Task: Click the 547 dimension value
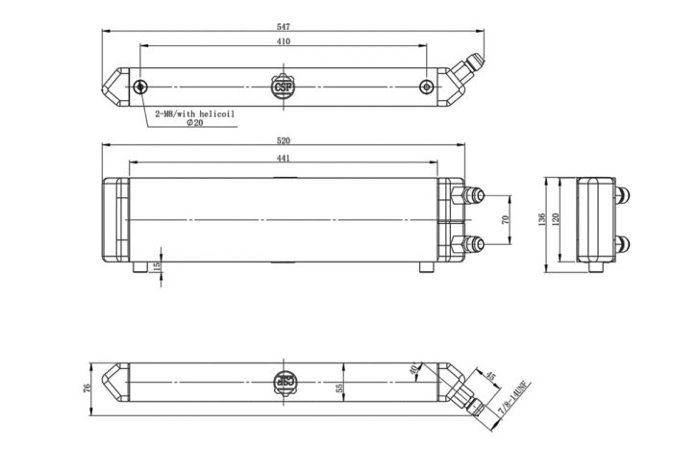(x=284, y=26)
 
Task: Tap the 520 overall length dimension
(x=284, y=140)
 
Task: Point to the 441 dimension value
(x=284, y=158)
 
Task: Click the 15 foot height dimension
(x=159, y=265)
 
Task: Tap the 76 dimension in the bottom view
(x=87, y=387)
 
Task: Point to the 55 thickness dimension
(x=338, y=387)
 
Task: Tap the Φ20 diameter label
(x=195, y=124)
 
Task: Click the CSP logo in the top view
(x=284, y=87)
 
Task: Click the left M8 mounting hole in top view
(x=141, y=87)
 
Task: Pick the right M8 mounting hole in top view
(x=427, y=87)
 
